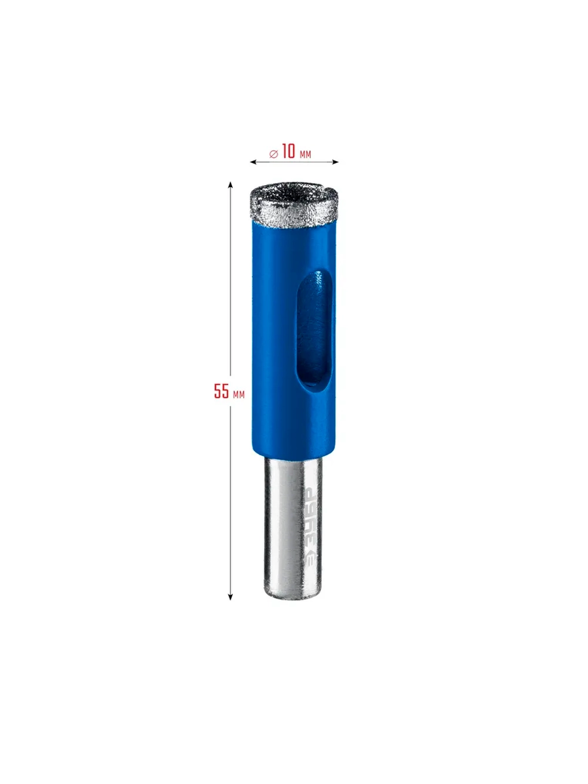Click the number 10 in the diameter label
289,151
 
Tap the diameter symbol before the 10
273,154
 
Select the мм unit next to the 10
305,154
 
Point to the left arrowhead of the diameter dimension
253,162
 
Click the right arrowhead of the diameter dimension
335,162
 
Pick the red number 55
221,391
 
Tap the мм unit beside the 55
239,394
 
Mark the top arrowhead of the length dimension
230,185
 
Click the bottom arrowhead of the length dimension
230,596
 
